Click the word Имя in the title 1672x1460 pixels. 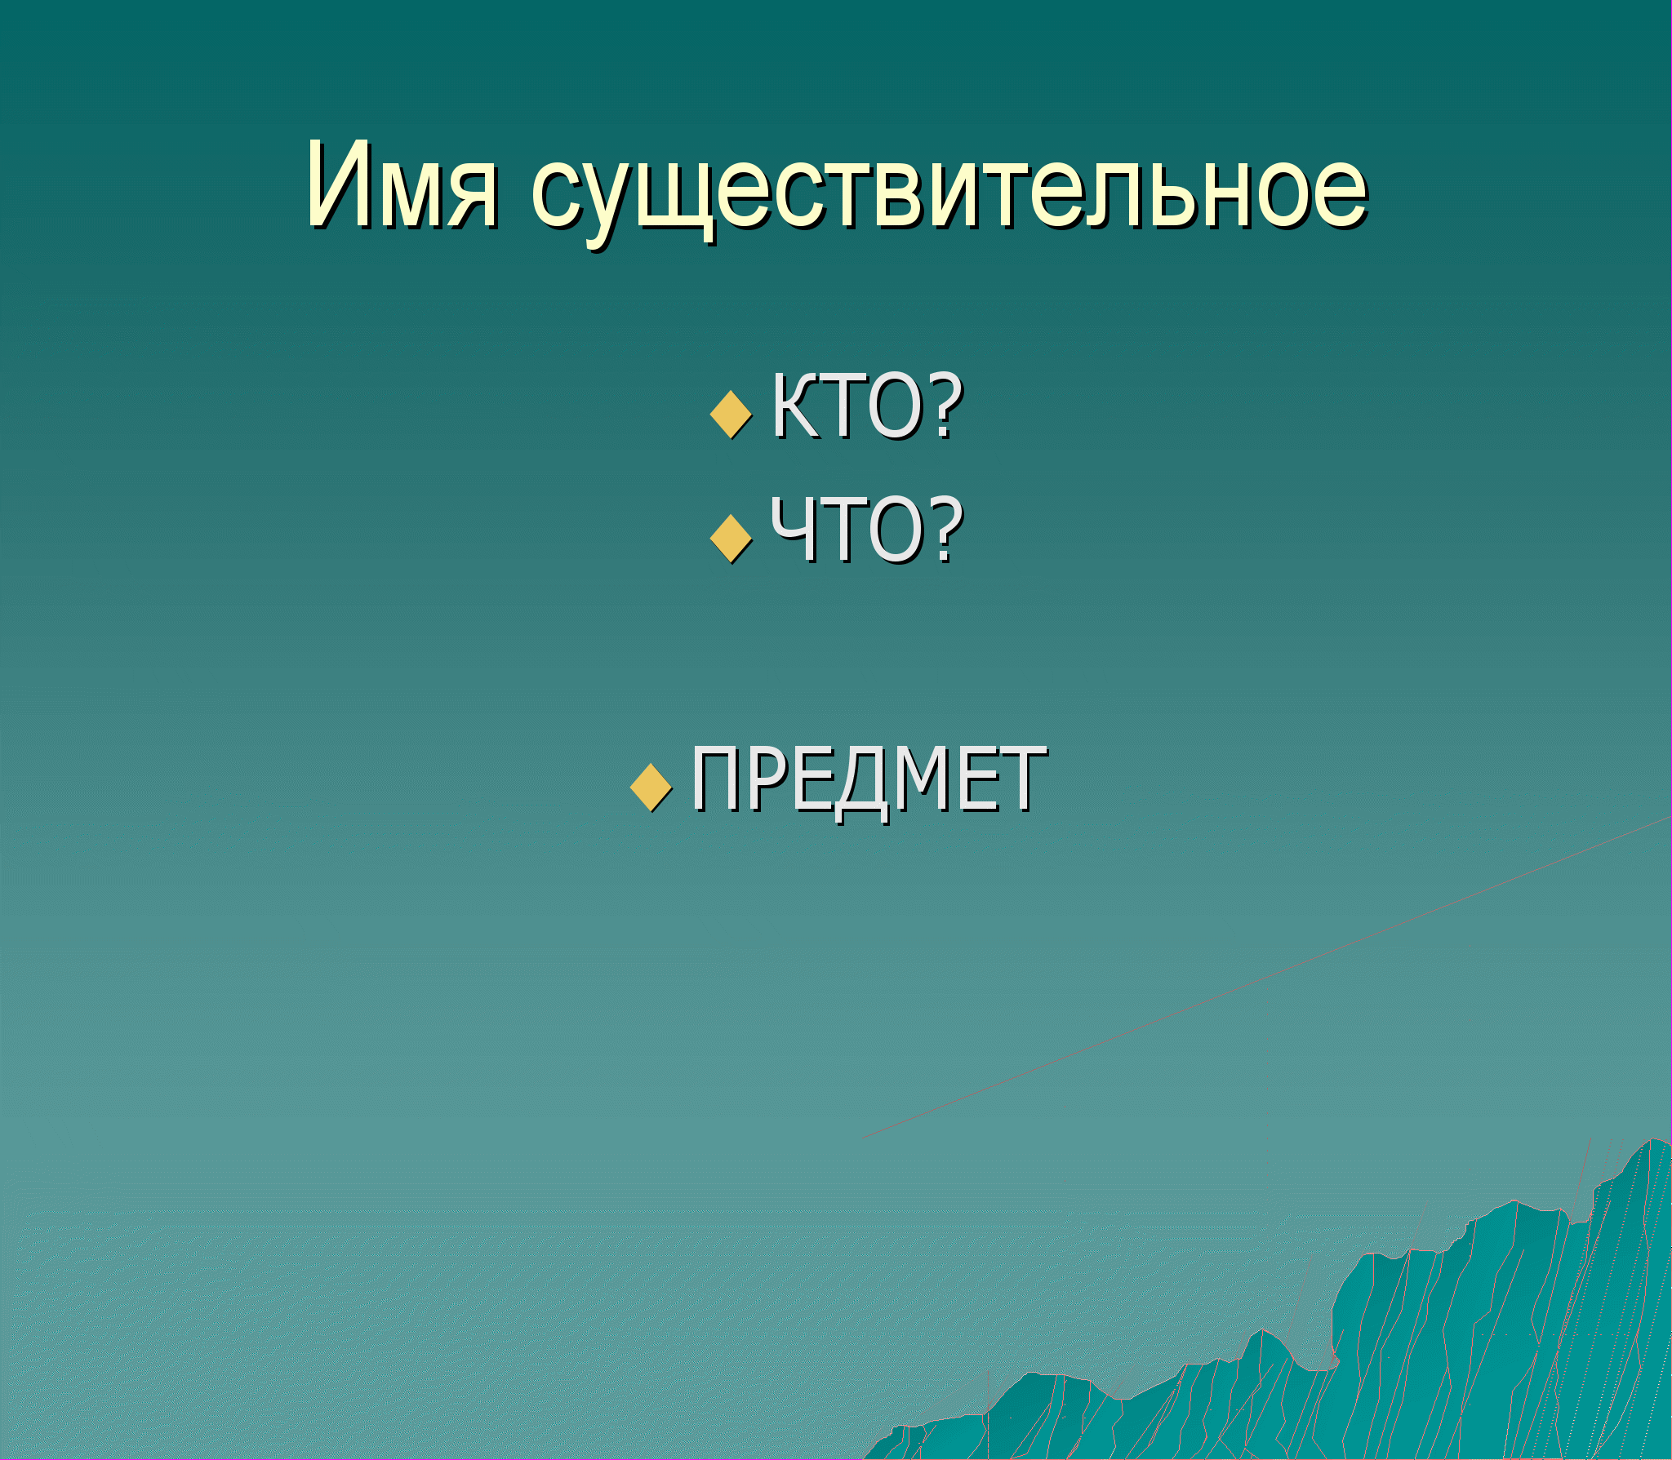tap(402, 185)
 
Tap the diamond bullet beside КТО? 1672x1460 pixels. tap(731, 415)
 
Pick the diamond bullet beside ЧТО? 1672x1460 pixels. tap(731, 539)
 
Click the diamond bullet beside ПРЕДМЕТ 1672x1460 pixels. tap(651, 788)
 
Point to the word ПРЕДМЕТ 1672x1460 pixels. tap(869, 782)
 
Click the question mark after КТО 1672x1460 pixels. tap(945, 406)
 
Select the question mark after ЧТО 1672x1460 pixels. tap(945, 530)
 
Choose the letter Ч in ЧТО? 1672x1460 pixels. tap(792, 530)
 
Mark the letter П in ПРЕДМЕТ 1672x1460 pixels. tap(715, 779)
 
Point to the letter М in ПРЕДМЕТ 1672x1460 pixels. tap(923, 779)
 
